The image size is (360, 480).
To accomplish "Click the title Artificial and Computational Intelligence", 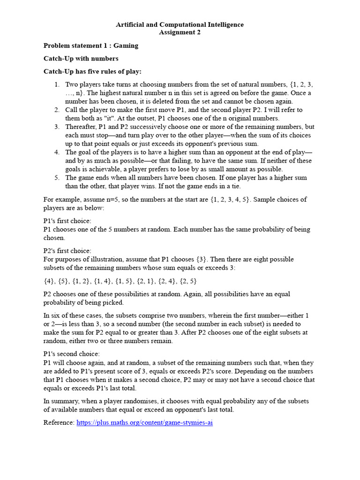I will pos(180,24).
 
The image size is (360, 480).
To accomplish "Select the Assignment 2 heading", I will pos(180,32).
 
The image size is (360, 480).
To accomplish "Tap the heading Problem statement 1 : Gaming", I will pos(90,45).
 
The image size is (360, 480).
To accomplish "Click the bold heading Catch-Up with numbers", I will pos(81,59).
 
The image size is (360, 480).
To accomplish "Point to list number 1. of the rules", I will pos(57,84).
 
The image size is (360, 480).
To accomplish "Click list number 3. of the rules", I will pos(57,127).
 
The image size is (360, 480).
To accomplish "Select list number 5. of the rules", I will pos(57,178).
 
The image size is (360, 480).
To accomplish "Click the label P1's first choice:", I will pos(67,221).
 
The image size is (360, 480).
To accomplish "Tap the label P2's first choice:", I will pos(67,251).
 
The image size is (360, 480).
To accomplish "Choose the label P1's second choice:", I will pos(71,354).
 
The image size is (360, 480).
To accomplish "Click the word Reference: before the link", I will pos(59,422).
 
